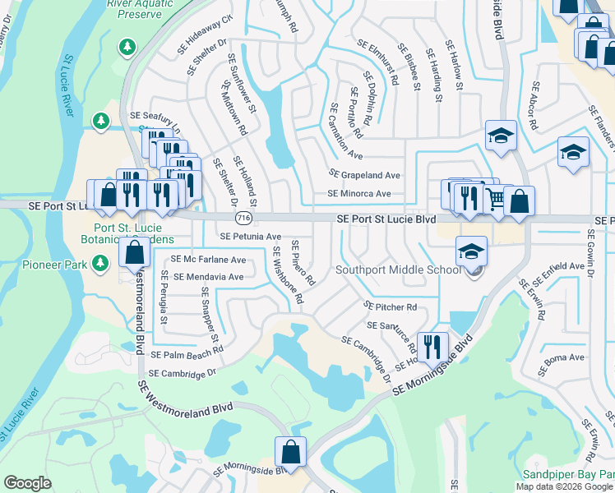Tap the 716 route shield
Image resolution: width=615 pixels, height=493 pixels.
(243, 219)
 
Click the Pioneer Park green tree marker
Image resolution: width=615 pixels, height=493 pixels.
(100, 263)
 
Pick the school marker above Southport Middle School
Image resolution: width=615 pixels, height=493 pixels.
(471, 251)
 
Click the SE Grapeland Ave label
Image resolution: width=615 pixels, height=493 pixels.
(364, 175)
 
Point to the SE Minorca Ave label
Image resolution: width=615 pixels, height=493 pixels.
(359, 194)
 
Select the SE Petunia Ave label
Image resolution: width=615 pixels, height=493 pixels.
(244, 237)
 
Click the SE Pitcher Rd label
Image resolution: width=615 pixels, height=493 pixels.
(391, 306)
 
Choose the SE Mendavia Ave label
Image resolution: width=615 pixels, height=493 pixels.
(209, 277)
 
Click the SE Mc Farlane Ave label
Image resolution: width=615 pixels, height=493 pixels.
(208, 260)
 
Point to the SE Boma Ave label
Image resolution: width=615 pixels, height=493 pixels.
(563, 357)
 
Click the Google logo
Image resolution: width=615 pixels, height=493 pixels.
(27, 483)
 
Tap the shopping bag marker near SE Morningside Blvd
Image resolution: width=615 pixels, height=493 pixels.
(290, 451)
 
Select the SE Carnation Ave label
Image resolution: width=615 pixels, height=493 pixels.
(346, 131)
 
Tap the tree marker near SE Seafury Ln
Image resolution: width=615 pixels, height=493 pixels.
(101, 122)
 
